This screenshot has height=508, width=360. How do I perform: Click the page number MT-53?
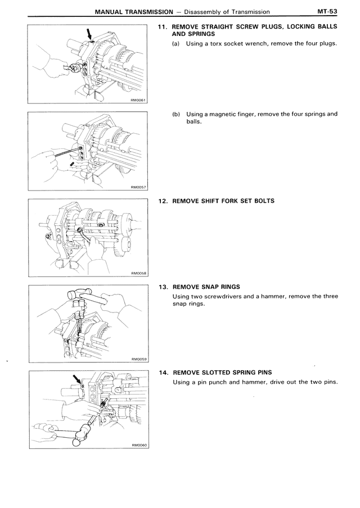[x=327, y=12]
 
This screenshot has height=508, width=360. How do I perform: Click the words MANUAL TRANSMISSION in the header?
[x=134, y=12]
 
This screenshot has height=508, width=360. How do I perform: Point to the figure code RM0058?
[x=139, y=274]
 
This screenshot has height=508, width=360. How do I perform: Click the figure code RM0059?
[x=139, y=359]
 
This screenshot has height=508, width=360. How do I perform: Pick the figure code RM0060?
[x=140, y=445]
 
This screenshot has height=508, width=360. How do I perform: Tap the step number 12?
[x=163, y=201]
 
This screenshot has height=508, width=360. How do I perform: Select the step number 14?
[x=164, y=373]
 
